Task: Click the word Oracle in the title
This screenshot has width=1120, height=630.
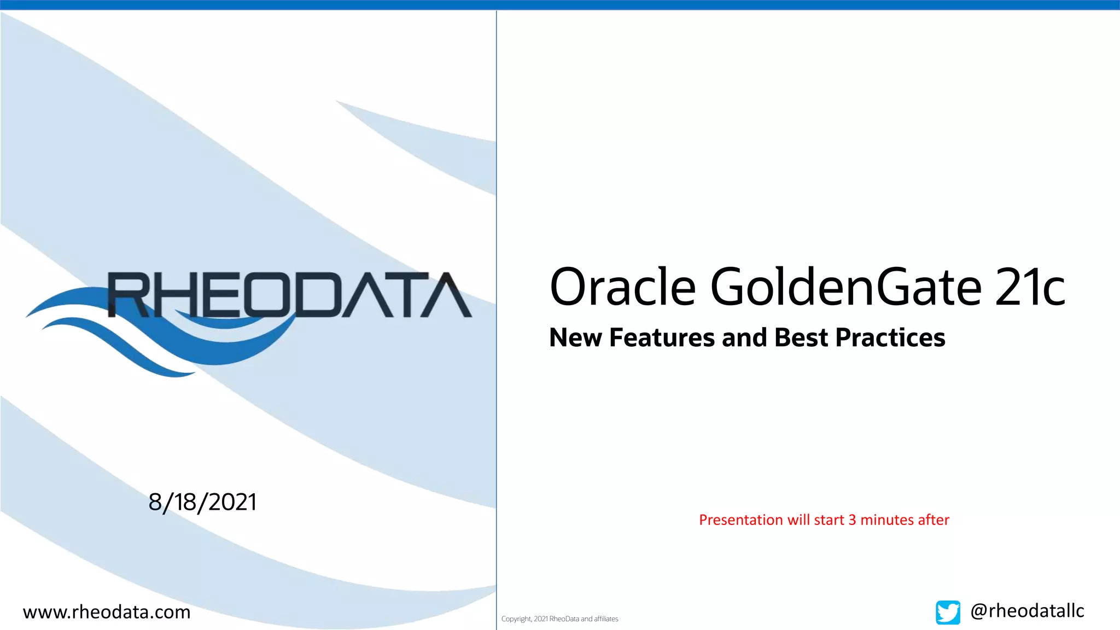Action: (x=622, y=287)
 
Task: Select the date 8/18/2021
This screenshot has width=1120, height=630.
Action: (x=202, y=502)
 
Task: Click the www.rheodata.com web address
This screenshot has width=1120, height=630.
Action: (x=107, y=612)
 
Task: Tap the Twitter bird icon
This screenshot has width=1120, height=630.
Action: (x=948, y=612)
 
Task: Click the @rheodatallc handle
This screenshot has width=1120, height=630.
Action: (x=1027, y=611)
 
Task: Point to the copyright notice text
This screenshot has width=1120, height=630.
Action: (x=559, y=619)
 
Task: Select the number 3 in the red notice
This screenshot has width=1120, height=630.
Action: (x=852, y=520)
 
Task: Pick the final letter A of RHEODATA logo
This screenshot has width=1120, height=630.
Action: (x=449, y=295)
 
